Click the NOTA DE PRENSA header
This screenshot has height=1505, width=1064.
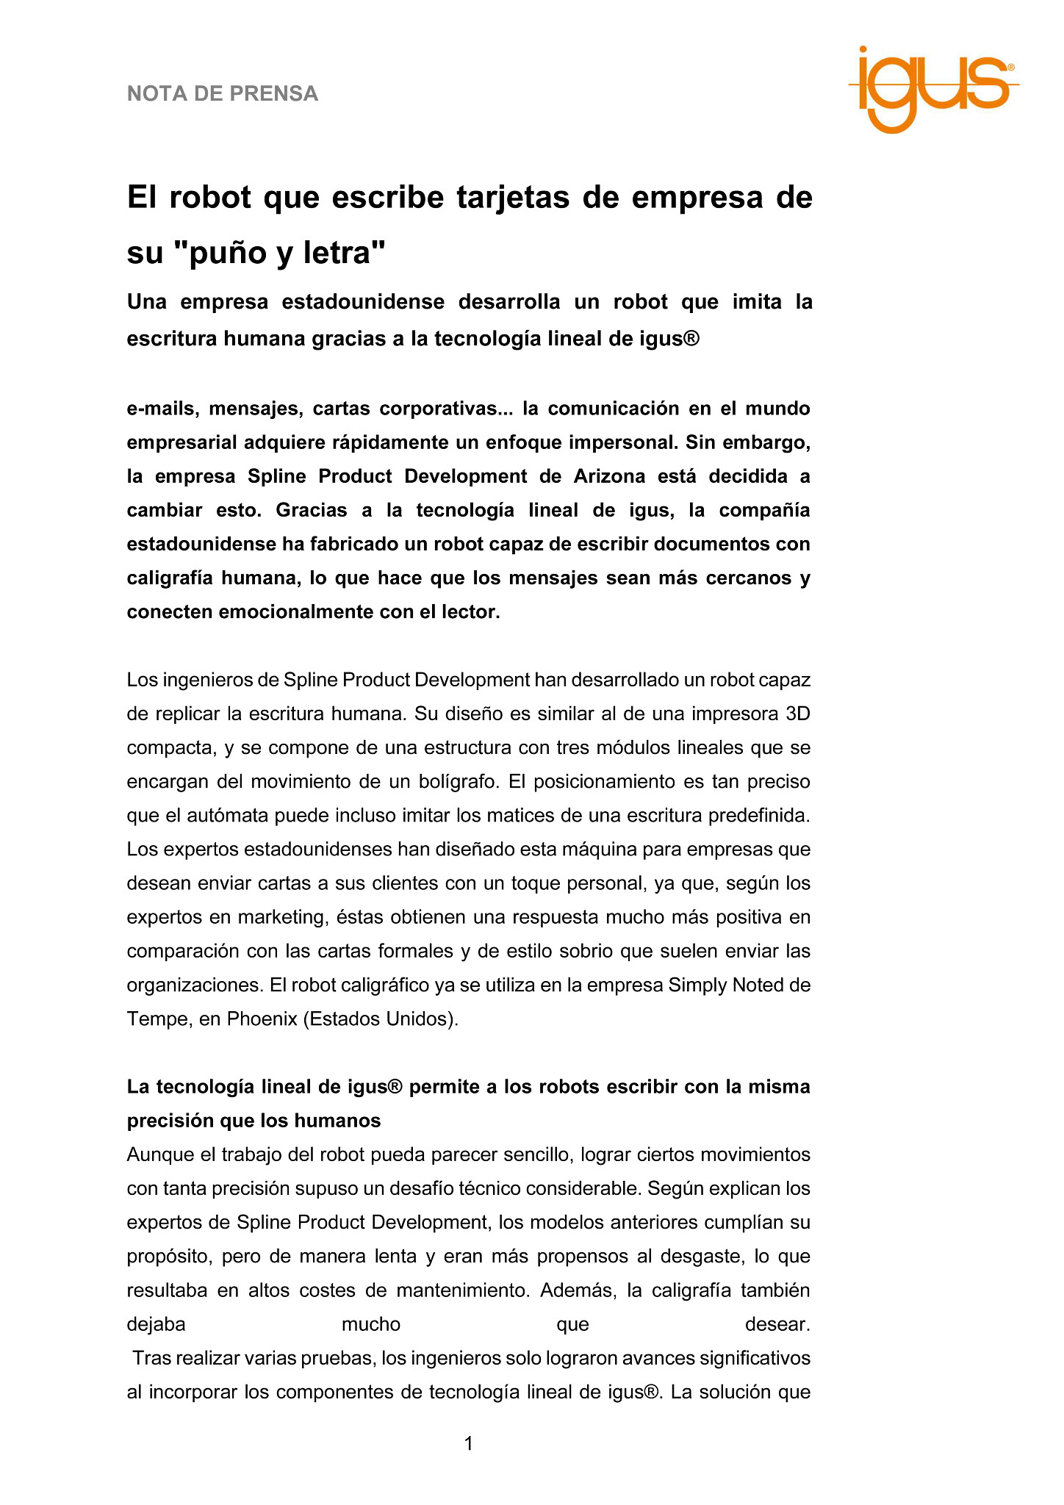(223, 94)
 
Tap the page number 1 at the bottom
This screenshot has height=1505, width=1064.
(469, 1444)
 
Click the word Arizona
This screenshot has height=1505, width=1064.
(609, 476)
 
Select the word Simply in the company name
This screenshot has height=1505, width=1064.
(697, 985)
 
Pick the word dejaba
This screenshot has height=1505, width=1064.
(156, 1324)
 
